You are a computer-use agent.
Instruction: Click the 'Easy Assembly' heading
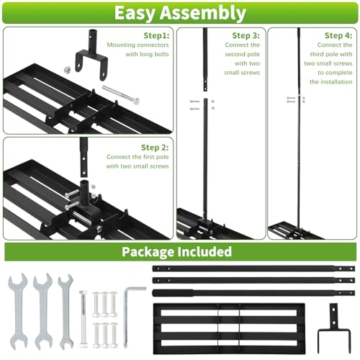[180, 13]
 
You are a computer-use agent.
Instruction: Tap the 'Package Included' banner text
[176, 251]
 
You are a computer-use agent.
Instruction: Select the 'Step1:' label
[156, 35]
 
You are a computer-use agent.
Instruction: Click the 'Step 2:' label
[155, 148]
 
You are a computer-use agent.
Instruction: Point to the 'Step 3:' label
[246, 35]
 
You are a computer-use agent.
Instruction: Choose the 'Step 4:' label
[338, 35]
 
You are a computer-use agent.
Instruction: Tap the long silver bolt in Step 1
[121, 95]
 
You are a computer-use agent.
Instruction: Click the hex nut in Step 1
[67, 70]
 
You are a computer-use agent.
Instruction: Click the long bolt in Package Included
[83, 319]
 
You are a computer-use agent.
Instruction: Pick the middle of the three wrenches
[42, 311]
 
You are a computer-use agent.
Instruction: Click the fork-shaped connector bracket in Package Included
[334, 328]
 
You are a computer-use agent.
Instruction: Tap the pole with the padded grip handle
[253, 292]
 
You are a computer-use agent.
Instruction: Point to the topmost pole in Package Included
[253, 269]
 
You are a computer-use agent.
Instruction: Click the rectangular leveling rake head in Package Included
[229, 328]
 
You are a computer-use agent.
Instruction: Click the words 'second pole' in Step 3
[243, 54]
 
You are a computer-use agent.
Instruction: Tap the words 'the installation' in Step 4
[330, 82]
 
